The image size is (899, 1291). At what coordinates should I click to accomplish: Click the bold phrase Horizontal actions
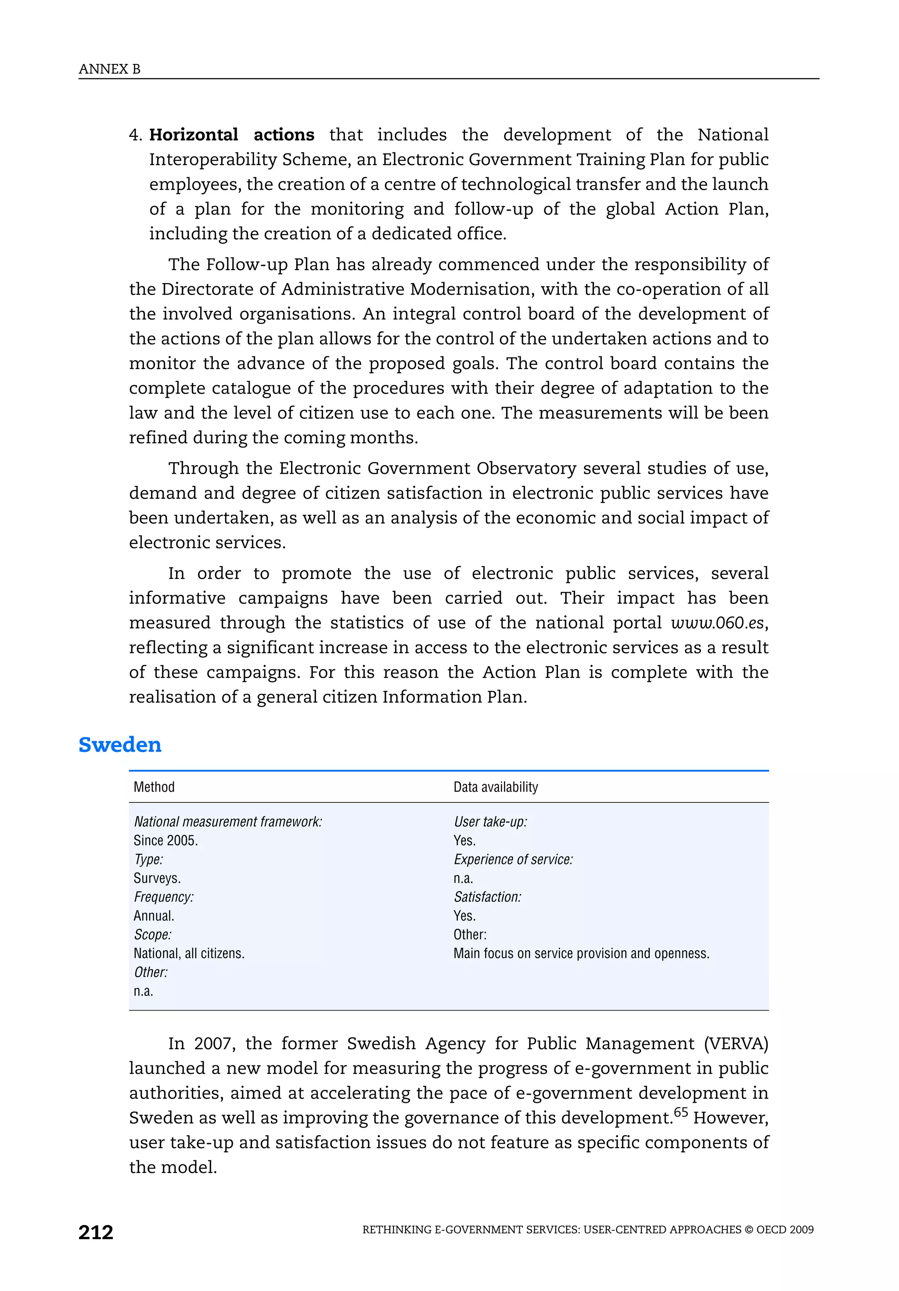[x=231, y=135]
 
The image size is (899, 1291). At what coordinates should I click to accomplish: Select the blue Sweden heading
[x=120, y=744]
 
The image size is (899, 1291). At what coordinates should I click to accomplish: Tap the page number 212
[x=96, y=1233]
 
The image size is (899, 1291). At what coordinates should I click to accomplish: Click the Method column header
[x=154, y=787]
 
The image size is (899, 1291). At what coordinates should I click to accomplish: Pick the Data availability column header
[x=495, y=787]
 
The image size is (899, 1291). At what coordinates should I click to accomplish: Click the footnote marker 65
[x=680, y=1111]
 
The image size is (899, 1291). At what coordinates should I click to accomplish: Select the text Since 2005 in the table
[x=165, y=840]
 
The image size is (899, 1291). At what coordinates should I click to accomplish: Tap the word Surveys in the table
[x=157, y=878]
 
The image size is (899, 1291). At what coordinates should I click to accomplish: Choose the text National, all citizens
[x=189, y=953]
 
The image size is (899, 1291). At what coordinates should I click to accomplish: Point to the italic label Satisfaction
[x=487, y=897]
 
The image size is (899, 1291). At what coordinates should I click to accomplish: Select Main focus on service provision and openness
[x=581, y=953]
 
